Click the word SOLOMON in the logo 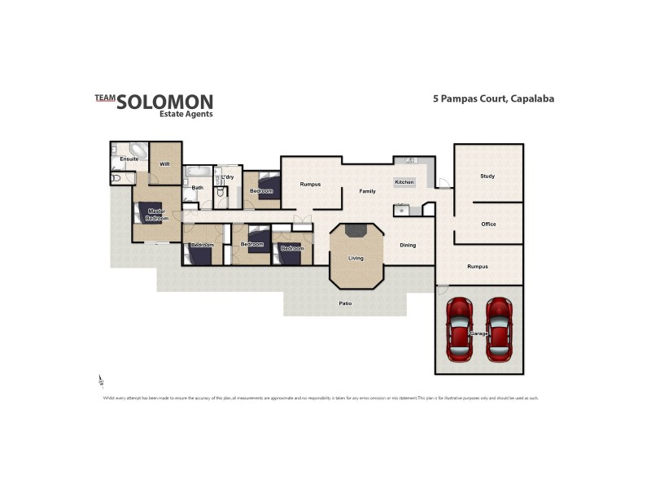pos(165,102)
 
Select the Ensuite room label pos(129,159)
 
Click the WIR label pos(164,163)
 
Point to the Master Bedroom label pos(157,215)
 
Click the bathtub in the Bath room pos(198,172)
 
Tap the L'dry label pos(228,176)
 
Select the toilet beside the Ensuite pos(116,176)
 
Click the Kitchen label pos(404,182)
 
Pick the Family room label pos(368,191)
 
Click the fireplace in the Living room pos(356,231)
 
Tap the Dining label pos(408,245)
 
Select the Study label pos(487,176)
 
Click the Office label pos(488,224)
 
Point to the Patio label pos(346,303)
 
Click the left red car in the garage pos(460,329)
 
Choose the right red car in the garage pos(498,329)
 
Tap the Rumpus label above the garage pos(478,266)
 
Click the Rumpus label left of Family pos(310,185)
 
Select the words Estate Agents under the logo pos(186,115)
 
